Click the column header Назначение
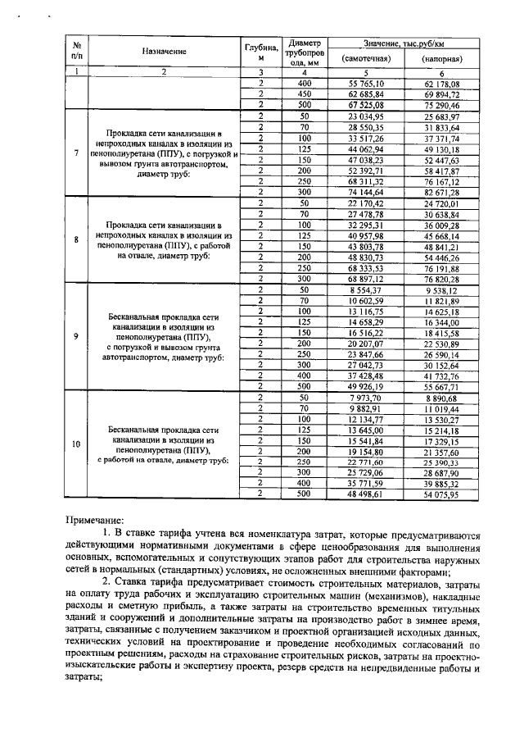coord(164,52)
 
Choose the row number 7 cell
coord(76,152)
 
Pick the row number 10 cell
coord(76,444)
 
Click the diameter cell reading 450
coord(305,94)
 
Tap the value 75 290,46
coord(441,105)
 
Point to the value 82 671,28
coord(441,190)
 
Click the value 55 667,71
coord(441,385)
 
